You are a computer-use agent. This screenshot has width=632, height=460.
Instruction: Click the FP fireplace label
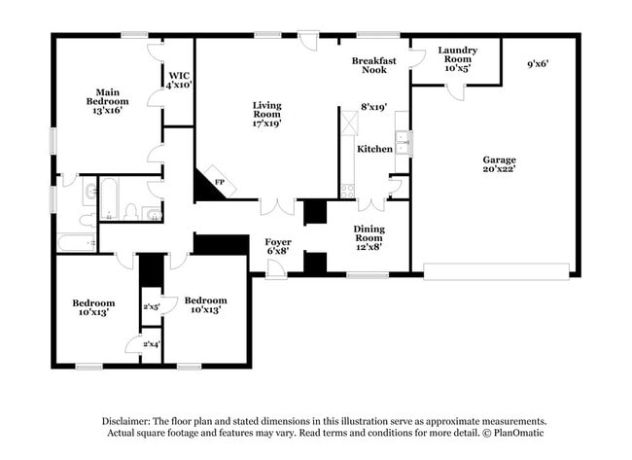[220, 182]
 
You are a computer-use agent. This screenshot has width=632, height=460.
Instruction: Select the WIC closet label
[178, 74]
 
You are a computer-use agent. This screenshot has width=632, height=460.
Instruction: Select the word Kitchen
[374, 149]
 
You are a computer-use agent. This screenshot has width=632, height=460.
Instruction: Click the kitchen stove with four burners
[346, 191]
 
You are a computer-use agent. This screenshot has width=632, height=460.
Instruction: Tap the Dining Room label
[369, 234]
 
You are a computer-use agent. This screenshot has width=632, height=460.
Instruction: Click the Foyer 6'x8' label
[279, 245]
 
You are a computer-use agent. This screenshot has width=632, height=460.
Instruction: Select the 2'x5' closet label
[152, 306]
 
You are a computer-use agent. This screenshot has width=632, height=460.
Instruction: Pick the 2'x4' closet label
[152, 344]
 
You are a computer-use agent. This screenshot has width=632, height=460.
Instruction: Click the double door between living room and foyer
[277, 206]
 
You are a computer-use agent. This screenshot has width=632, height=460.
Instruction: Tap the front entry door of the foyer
[277, 269]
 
